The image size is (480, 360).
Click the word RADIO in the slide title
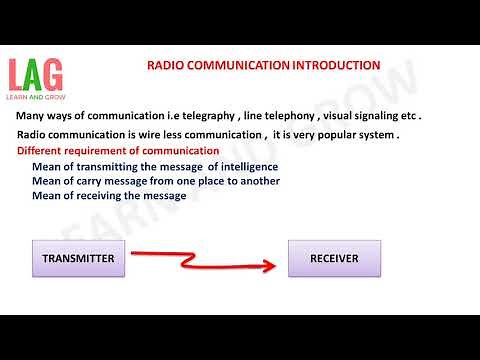click(167, 66)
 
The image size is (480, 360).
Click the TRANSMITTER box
click(78, 259)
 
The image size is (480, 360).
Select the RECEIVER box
click(336, 259)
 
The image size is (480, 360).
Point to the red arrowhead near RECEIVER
click(269, 266)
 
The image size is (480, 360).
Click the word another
click(256, 180)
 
